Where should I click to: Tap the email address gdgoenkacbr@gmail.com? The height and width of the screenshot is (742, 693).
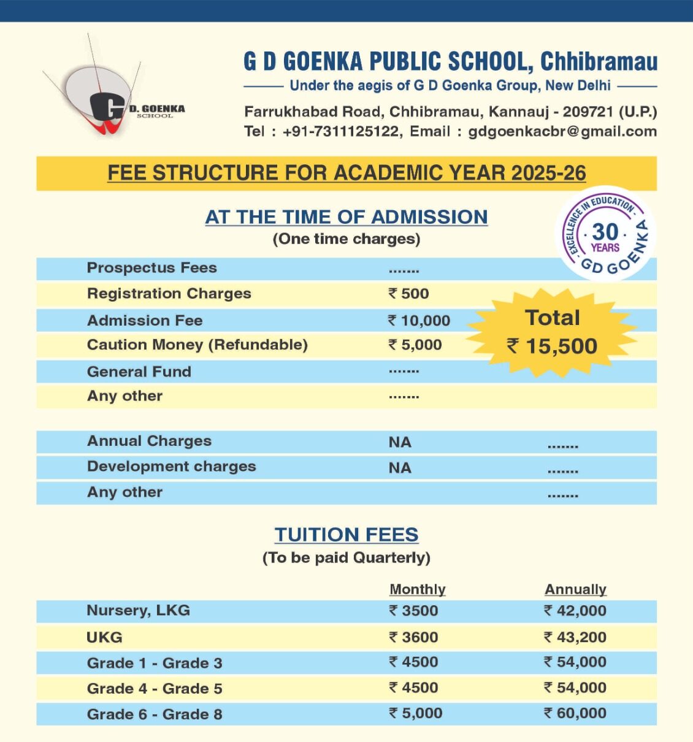click(x=562, y=131)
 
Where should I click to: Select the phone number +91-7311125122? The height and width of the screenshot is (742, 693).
click(x=340, y=131)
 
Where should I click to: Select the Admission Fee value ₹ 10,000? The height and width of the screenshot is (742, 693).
click(x=419, y=320)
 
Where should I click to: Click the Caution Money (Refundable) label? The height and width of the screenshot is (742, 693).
click(x=197, y=345)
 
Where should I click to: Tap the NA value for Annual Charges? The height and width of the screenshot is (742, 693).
click(x=400, y=442)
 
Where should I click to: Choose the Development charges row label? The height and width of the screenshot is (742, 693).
click(x=171, y=467)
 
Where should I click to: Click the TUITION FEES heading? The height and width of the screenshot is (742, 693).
click(x=346, y=535)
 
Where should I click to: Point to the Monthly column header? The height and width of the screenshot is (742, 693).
click(x=418, y=589)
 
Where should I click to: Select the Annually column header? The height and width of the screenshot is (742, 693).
click(x=575, y=589)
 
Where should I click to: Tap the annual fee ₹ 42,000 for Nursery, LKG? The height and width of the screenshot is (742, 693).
click(x=575, y=611)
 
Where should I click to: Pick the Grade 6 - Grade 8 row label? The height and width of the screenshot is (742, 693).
click(x=155, y=714)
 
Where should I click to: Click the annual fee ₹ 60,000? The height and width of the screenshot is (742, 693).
click(x=575, y=713)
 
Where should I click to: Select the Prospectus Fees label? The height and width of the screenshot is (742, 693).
click(x=151, y=268)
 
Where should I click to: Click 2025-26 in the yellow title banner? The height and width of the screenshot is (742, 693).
click(x=548, y=173)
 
